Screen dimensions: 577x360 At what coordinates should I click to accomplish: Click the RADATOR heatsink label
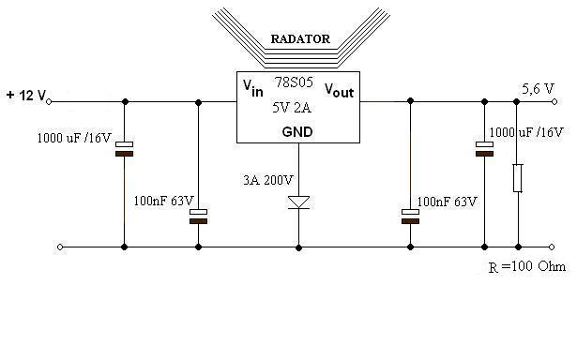(x=300, y=39)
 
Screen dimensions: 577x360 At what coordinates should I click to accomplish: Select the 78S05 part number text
(x=294, y=82)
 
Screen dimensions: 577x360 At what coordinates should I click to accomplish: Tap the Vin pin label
(x=253, y=88)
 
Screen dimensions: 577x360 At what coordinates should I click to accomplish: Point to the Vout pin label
(x=339, y=90)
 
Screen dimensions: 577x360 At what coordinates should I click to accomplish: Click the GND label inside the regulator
(x=297, y=131)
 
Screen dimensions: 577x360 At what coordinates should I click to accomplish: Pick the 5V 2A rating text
(x=292, y=108)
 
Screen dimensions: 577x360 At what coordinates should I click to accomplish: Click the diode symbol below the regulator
(x=298, y=202)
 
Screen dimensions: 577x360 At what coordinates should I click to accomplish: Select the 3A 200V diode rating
(x=268, y=180)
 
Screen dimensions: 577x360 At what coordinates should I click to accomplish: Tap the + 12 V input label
(x=26, y=96)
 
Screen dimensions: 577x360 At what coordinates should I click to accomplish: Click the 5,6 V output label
(x=538, y=89)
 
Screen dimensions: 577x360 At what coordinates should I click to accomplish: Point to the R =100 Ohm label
(x=527, y=266)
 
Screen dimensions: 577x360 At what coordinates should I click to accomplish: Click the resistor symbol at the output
(x=518, y=178)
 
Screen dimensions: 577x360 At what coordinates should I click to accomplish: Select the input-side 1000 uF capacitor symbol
(x=125, y=149)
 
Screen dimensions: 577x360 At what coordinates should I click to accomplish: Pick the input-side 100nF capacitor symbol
(x=198, y=217)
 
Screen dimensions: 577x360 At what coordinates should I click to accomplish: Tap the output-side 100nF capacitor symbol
(x=410, y=217)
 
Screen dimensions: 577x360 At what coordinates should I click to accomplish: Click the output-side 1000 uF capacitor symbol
(x=484, y=149)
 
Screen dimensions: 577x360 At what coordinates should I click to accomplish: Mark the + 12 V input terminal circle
(x=49, y=102)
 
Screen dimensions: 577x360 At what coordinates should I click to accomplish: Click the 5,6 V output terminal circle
(x=554, y=102)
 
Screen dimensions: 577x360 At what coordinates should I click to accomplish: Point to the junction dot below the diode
(x=298, y=247)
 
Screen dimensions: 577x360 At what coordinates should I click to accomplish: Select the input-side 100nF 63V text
(x=163, y=201)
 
